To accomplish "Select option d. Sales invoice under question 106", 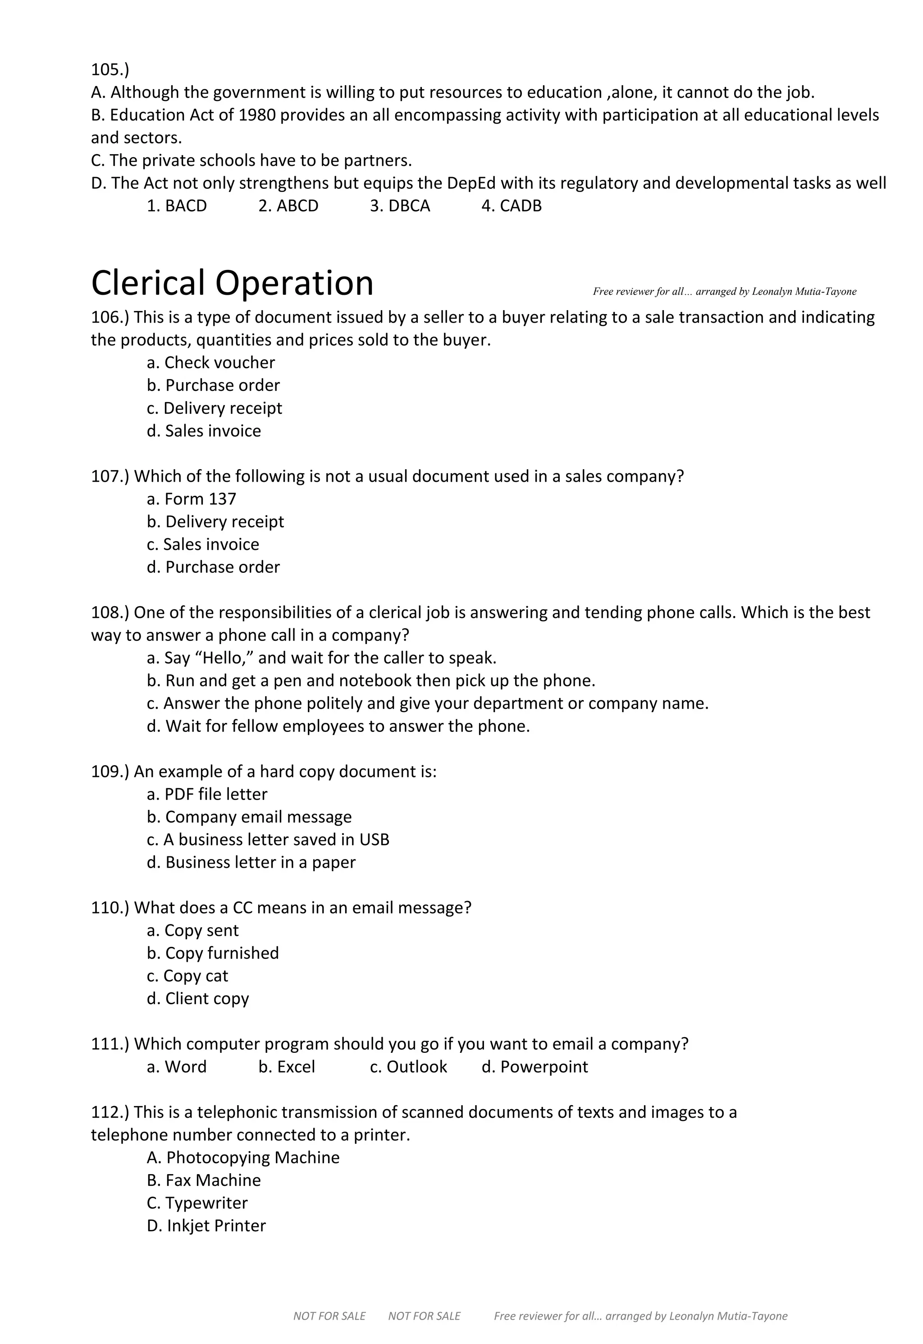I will point(204,431).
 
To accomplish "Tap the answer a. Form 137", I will point(192,498).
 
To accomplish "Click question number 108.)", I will point(110,612).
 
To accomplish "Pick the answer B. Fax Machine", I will point(204,1180).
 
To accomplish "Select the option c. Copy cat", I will point(187,976).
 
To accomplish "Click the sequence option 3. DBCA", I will point(400,206).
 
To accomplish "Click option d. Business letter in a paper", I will point(251,862).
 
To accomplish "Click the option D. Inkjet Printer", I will point(206,1225).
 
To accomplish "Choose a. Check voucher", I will point(210,363).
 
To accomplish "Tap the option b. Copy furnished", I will point(213,953).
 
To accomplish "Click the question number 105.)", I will point(110,69).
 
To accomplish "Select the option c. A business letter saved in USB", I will point(268,840).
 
